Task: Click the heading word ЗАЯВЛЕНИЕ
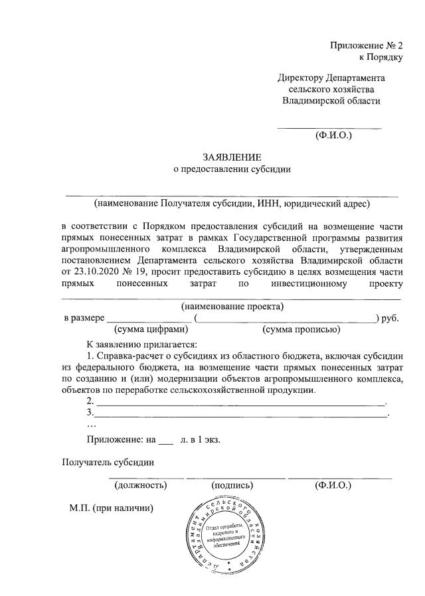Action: point(232,157)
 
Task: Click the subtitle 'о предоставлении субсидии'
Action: point(232,169)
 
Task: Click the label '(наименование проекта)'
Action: point(232,307)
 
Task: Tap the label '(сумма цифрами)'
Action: point(151,329)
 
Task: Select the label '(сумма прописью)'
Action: point(301,329)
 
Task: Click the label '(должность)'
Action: point(141,485)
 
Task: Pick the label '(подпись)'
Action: point(232,485)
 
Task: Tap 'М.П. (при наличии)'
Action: point(112,508)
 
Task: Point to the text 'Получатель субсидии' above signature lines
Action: point(108,463)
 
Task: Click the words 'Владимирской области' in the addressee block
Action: point(331,101)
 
